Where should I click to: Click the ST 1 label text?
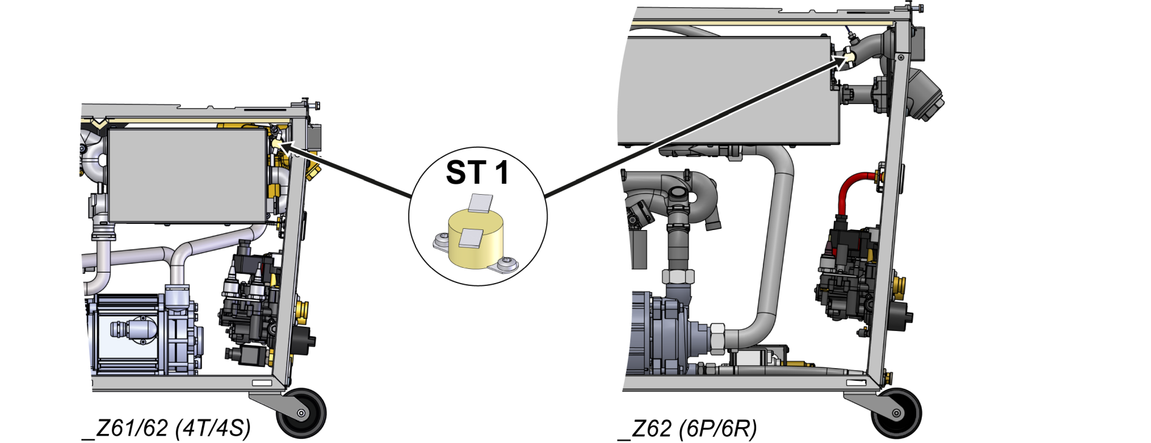477,173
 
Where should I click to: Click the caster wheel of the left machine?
301,413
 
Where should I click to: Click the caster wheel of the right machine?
895,413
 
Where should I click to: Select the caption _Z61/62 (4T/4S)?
166,428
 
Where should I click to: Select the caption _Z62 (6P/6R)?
687,428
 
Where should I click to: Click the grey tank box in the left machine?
187,175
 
